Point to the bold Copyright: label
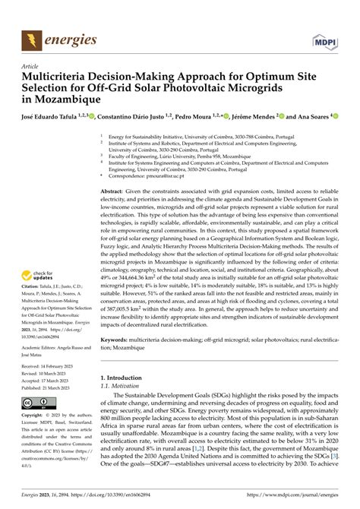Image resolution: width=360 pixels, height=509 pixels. coord(32,416)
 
